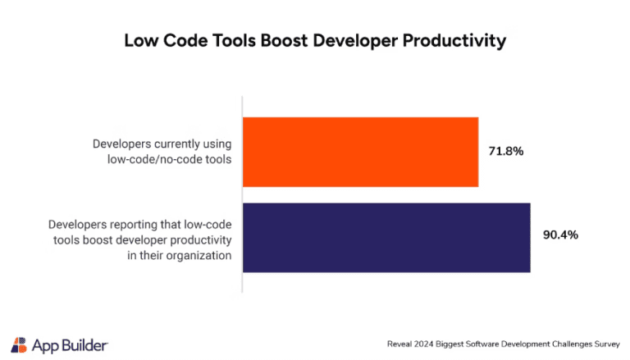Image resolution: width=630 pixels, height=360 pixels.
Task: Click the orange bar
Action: (361, 152)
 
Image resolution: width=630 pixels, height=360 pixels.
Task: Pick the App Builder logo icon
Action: (19, 344)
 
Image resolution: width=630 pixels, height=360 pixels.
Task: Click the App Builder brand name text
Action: (70, 344)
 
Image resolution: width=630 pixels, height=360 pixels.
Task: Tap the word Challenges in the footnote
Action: (559, 344)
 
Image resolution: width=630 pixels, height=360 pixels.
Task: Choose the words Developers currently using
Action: (162, 144)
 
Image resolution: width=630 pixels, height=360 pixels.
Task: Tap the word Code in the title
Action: (178, 39)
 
